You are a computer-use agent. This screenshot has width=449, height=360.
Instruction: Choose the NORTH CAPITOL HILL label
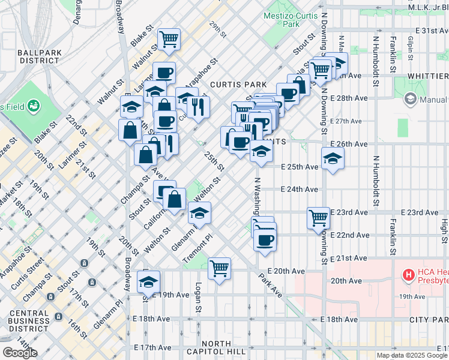(225, 347)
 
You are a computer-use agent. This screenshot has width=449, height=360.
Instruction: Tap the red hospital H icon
(409, 275)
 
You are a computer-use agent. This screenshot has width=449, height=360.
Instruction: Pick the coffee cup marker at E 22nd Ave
(264, 240)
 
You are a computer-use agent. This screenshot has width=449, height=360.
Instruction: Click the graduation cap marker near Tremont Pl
(200, 212)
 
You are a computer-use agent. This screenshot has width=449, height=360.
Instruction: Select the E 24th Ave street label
(299, 190)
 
